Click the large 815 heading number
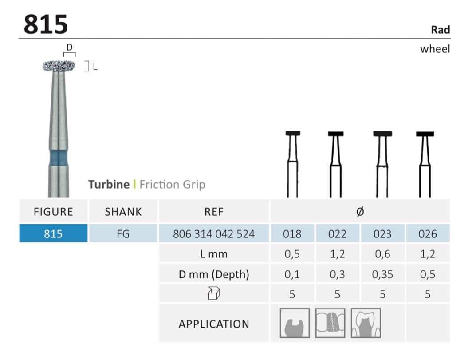46,24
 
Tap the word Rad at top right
440,30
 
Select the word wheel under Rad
435,49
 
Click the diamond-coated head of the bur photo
59,66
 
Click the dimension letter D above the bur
69,47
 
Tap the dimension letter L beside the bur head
95,67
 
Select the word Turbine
109,184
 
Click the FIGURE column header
53,212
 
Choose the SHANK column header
123,212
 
